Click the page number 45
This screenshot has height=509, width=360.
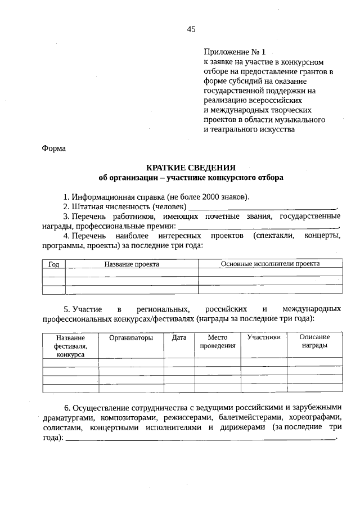[191, 30]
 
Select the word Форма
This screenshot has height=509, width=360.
[54, 148]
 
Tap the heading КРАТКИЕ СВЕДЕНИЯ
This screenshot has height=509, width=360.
[191, 168]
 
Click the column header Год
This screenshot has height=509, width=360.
[54, 264]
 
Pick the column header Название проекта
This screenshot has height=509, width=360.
[132, 264]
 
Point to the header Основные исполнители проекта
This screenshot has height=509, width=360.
[270, 263]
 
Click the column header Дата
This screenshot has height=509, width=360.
[179, 337]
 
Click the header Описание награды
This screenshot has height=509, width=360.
[314, 341]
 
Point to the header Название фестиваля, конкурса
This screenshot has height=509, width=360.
[71, 346]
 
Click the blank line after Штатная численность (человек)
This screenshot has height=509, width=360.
[262, 209]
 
